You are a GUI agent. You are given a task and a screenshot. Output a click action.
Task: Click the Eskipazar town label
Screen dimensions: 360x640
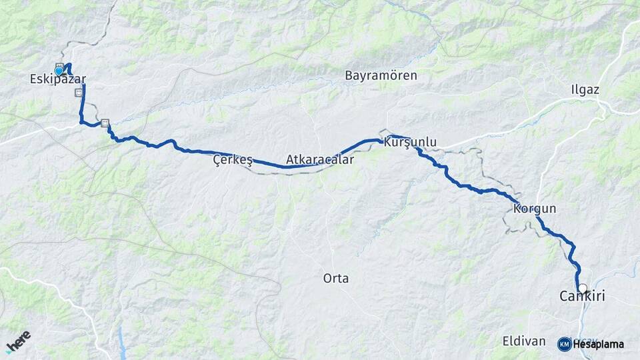coord(58,79)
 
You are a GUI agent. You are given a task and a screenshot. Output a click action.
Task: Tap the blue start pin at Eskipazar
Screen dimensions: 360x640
coord(59,71)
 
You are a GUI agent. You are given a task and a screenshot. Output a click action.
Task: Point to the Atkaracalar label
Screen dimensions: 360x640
coord(320,160)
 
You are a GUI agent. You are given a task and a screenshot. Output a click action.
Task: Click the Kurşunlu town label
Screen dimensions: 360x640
coord(410,142)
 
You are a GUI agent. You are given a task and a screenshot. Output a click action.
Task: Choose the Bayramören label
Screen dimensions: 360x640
coord(381,75)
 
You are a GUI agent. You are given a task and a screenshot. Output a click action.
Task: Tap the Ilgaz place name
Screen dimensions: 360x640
coord(585,89)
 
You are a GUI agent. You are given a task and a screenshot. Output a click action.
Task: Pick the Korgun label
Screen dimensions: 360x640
coord(535,209)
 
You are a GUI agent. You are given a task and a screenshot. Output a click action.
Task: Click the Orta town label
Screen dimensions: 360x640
coord(335,278)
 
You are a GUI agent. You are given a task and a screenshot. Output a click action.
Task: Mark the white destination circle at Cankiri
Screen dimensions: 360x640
coord(583,288)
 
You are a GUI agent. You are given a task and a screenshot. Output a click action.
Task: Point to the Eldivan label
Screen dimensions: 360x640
coord(523,341)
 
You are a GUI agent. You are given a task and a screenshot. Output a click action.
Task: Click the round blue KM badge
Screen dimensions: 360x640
coord(564,344)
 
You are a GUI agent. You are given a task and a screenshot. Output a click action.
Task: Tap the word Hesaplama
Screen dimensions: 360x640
coord(598,345)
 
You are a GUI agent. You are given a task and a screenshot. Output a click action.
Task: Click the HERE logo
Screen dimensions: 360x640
coord(18,342)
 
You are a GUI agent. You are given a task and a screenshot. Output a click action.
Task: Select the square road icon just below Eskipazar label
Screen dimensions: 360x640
coord(79,93)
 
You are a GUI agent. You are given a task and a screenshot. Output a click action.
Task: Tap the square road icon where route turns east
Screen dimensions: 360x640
coord(105,123)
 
